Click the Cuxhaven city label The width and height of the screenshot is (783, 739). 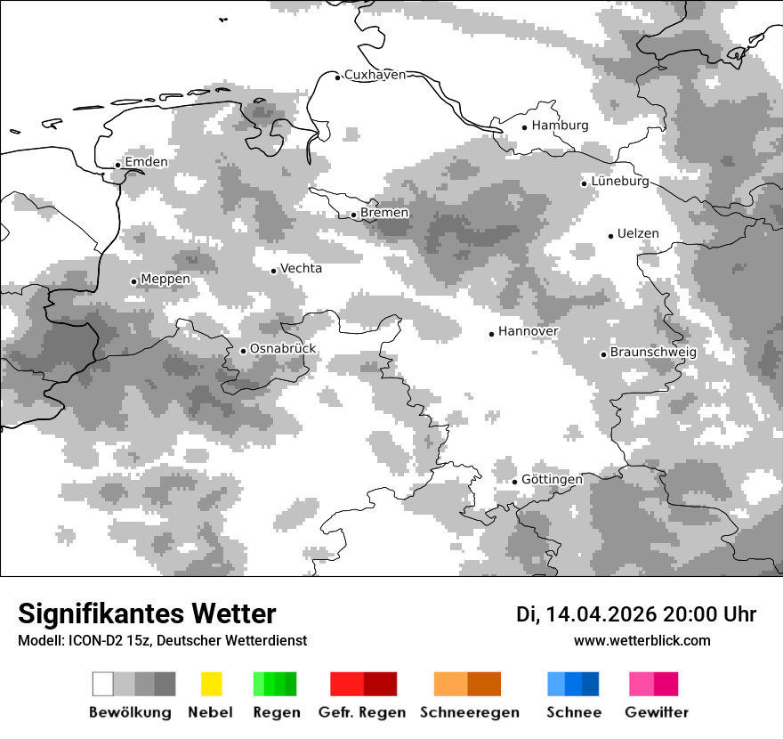point(375,75)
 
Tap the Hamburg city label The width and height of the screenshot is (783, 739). point(561,126)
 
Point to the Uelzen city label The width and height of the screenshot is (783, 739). point(638,234)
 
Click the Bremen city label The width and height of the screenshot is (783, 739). point(384,213)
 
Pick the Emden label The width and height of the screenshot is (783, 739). point(146,162)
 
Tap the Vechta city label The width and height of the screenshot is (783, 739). point(302,269)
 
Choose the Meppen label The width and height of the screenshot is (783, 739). point(165,280)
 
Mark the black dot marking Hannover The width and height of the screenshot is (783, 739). point(491,334)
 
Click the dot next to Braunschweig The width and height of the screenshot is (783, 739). point(603,354)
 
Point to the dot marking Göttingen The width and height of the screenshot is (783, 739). point(514,482)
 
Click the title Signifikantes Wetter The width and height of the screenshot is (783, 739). point(147,613)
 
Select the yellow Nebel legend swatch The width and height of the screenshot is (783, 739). point(212,684)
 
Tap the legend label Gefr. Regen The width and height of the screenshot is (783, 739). point(362,712)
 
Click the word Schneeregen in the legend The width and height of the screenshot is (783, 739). point(470,712)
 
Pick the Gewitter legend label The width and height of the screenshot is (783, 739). point(657,712)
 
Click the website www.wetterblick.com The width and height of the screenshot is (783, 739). point(642,641)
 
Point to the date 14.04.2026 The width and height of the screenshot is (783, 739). point(601,614)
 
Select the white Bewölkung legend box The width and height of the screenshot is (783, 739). point(103,684)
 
